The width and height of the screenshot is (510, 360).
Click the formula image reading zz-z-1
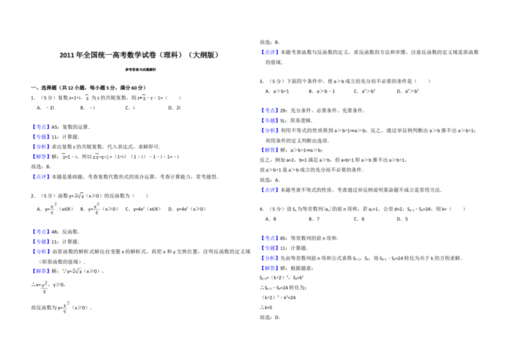(x=101, y=157)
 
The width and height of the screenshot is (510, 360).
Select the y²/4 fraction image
(x=44, y=288)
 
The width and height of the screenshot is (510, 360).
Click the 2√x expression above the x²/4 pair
(x=79, y=194)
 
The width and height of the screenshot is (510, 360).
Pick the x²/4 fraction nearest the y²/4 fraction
(x=66, y=306)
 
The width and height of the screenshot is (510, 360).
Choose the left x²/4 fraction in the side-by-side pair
(x=53, y=209)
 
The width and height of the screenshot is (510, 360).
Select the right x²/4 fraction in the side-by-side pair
(x=96, y=209)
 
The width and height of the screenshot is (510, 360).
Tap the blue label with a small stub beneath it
(x=270, y=150)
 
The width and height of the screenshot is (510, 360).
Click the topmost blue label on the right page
(x=270, y=51)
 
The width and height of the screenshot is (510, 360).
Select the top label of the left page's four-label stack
(x=41, y=126)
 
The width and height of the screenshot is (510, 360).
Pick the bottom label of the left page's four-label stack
(x=41, y=157)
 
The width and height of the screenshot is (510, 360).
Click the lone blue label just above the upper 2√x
(x=41, y=177)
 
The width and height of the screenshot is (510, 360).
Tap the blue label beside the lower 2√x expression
(x=41, y=270)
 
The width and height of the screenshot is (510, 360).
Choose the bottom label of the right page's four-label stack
(x=270, y=268)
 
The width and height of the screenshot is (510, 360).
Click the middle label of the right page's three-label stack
(x=270, y=120)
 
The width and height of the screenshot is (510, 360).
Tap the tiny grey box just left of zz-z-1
(x=64, y=158)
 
